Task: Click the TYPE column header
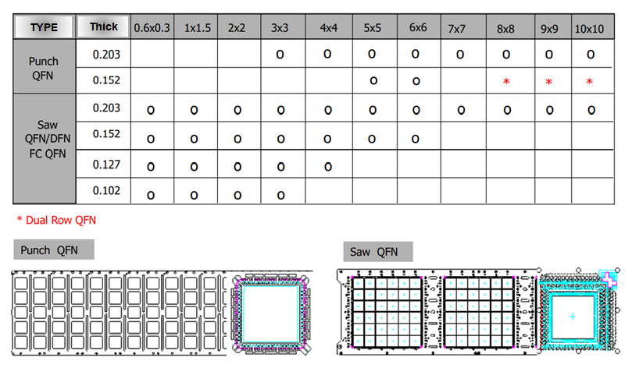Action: pyautogui.click(x=44, y=27)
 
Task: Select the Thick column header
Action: pyautogui.click(x=103, y=27)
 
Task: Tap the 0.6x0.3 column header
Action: pyautogui.click(x=152, y=28)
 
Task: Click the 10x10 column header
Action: pyautogui.click(x=591, y=28)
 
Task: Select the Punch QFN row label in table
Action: pyautogui.click(x=44, y=68)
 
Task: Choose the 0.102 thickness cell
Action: pyautogui.click(x=103, y=190)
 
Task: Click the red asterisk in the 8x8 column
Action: pyautogui.click(x=506, y=82)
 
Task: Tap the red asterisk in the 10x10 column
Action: pyautogui.click(x=589, y=82)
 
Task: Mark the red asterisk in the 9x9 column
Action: pyautogui.click(x=548, y=82)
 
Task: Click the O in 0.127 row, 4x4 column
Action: pyautogui.click(x=327, y=166)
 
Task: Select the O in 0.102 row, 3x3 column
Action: pyautogui.click(x=280, y=193)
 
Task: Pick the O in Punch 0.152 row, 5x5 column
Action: pyautogui.click(x=373, y=80)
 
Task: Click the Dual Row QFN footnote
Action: pyautogui.click(x=56, y=220)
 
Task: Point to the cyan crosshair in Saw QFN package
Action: pyautogui.click(x=573, y=316)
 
